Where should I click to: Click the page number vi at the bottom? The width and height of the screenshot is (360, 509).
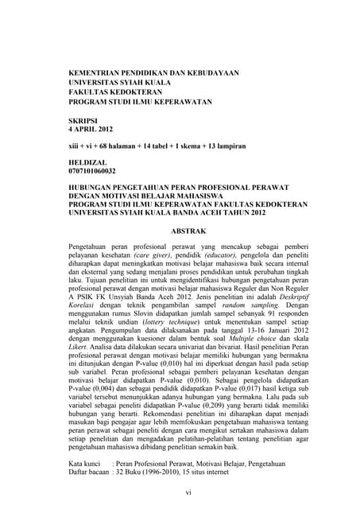(188, 493)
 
